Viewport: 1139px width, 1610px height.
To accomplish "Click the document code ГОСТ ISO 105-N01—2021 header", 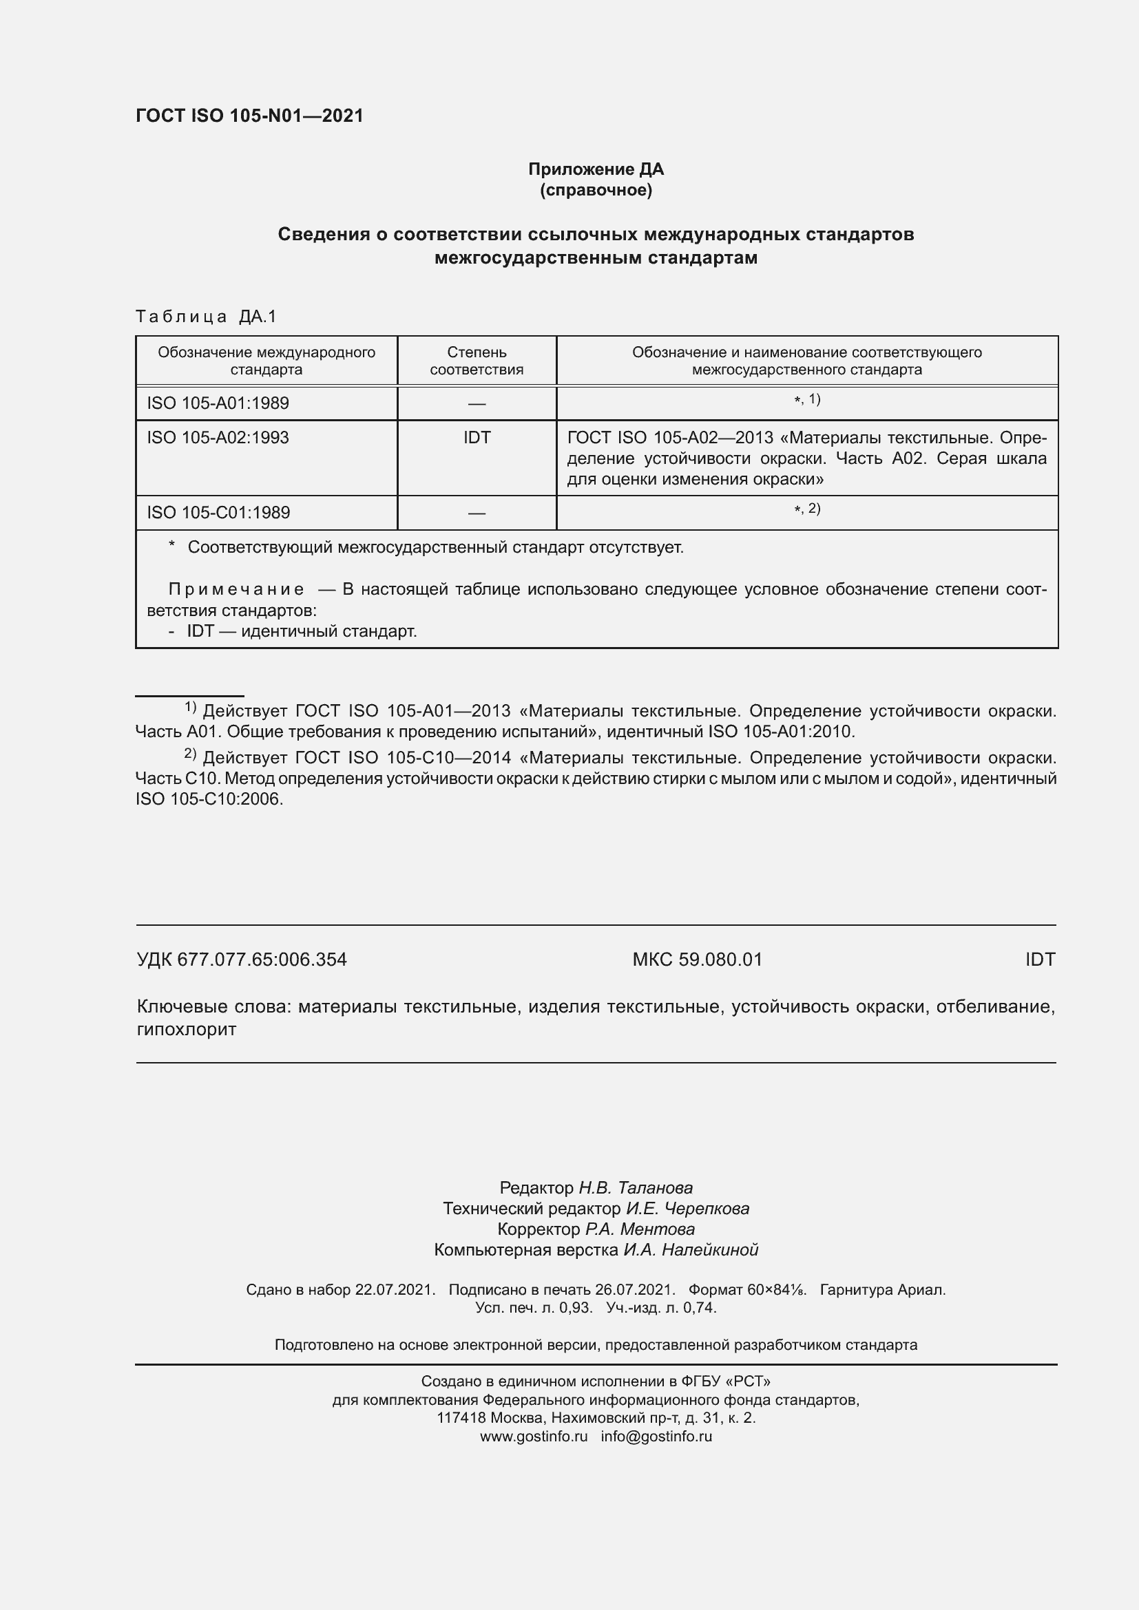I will coord(250,116).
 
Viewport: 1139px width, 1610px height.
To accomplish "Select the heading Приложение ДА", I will coord(596,169).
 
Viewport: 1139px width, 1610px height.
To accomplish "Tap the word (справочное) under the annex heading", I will coord(596,190).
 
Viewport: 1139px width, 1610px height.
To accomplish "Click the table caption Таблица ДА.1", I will coord(206,317).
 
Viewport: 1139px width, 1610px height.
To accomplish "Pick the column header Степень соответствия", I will coord(477,361).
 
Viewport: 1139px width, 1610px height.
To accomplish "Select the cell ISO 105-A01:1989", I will coord(218,403).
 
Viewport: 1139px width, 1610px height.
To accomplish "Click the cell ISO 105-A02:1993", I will coord(218,438).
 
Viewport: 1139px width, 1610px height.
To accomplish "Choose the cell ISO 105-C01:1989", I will coord(218,513).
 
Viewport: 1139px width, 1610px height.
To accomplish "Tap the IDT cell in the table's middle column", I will coord(477,438).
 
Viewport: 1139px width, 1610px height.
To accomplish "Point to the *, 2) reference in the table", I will coord(806,509).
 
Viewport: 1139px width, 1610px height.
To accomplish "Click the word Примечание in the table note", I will coord(236,589).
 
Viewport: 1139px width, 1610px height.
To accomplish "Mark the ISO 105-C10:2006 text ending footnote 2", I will coord(209,798).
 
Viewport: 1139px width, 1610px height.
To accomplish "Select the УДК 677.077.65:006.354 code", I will coord(241,960).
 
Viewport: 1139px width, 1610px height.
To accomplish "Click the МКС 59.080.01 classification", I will coord(696,960).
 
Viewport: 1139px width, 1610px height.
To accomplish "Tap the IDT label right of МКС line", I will coord(1039,960).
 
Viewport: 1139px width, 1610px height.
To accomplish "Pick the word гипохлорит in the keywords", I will coord(186,1029).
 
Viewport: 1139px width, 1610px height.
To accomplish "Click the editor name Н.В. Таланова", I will coord(635,1188).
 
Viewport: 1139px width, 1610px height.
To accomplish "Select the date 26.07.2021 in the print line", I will coord(634,1289).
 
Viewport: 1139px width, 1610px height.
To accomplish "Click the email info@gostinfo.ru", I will coord(656,1436).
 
